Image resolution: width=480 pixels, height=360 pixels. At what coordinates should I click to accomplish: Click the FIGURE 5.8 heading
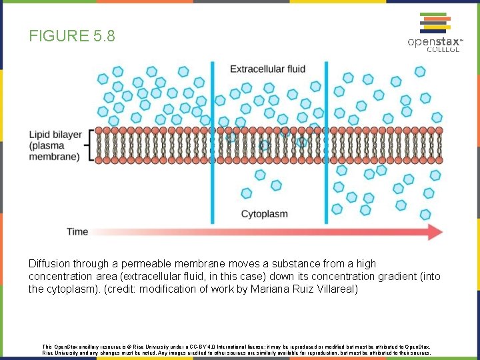coord(72,36)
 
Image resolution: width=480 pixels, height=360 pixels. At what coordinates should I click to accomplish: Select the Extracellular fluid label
coord(268,69)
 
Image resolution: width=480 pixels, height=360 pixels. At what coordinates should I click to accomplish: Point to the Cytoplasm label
coord(264,214)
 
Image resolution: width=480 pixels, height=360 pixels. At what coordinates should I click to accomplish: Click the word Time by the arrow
coord(77,232)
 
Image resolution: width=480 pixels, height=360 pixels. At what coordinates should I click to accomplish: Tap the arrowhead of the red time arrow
coord(434,232)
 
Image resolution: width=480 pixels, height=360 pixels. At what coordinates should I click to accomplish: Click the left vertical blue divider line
coord(213,143)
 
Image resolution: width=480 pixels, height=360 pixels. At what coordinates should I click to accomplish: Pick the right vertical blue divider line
coord(327,143)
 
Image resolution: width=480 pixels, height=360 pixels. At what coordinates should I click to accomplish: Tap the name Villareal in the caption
coord(337,289)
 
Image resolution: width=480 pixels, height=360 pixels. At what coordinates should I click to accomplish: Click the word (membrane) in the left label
coord(54,157)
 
